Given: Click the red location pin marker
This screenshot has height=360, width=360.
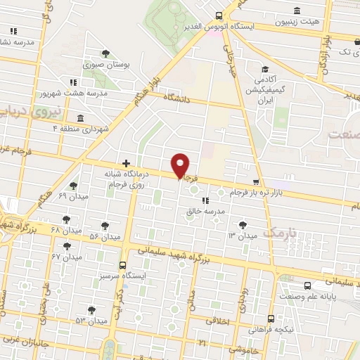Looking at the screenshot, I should coord(181,165).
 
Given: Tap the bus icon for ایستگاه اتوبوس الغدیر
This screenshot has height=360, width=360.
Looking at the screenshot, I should coord(219,15).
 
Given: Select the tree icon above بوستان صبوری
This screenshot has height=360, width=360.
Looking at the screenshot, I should coord(105,53).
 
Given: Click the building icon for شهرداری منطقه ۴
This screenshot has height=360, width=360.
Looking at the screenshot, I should coord(80,117).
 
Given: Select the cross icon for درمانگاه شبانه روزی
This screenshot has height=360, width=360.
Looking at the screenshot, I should coord(126,162).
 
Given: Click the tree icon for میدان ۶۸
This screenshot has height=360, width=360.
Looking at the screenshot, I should coord(66,218).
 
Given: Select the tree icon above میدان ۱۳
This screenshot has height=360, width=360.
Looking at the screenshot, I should coord(243,225).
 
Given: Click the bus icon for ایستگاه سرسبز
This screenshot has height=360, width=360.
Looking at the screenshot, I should coord(124,266).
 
